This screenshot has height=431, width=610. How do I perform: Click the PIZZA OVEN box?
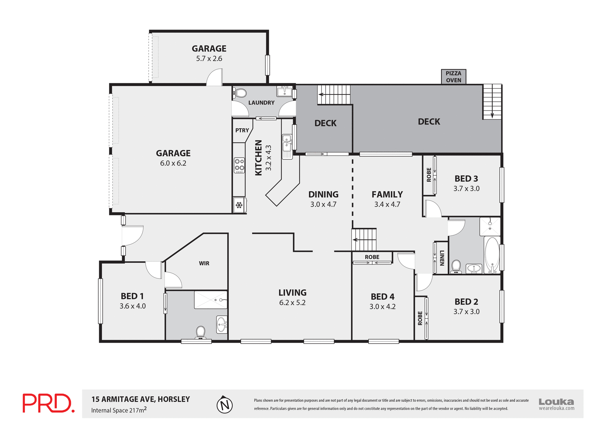453,77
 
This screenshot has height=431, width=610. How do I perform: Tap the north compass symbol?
225,405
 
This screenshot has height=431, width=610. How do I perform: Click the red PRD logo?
48,403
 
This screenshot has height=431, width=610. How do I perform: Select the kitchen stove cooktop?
239,165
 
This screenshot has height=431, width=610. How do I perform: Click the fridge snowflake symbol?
239,205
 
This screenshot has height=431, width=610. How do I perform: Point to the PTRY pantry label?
242,130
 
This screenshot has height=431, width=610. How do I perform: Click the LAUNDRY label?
261,103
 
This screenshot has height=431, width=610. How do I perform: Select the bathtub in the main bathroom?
492,255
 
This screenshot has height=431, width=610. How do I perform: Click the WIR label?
204,263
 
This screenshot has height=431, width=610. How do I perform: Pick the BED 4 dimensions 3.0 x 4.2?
382,306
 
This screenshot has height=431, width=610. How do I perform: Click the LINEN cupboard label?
442,258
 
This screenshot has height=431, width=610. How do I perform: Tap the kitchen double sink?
287,143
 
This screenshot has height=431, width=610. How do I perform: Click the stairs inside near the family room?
364,240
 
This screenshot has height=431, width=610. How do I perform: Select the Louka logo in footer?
556,404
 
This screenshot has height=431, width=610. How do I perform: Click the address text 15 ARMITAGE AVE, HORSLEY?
140,399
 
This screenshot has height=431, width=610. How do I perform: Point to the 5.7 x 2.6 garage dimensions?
209,58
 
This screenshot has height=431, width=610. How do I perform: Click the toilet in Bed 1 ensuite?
200,332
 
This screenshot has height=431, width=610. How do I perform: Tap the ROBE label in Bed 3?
429,175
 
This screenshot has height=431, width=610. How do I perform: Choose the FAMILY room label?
387,194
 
